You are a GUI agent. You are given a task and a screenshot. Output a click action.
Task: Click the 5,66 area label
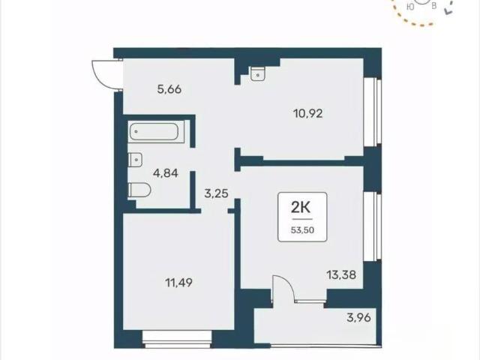click(x=169, y=89)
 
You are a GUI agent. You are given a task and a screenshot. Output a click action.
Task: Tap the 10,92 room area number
click(x=308, y=114)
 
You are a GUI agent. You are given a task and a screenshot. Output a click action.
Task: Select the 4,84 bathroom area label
click(x=166, y=173)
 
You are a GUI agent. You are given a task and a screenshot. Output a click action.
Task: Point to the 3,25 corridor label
click(x=216, y=193)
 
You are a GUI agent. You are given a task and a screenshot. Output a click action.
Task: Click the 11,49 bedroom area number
click(x=179, y=283)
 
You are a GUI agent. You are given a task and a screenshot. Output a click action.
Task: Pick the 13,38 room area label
click(x=341, y=275)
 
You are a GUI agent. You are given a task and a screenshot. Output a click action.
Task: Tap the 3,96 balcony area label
click(x=358, y=317)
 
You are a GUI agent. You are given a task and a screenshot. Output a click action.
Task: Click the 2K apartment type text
click(x=301, y=208)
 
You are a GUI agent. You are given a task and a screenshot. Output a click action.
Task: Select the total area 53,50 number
click(x=302, y=230)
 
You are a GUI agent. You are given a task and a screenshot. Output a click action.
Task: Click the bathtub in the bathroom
click(x=154, y=132)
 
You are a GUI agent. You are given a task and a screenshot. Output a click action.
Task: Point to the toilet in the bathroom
click(x=139, y=190)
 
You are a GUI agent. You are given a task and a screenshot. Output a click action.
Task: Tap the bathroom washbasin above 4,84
click(x=135, y=160)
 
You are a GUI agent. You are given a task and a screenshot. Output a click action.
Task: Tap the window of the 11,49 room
click(x=177, y=339)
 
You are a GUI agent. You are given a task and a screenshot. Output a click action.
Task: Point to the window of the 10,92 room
click(x=373, y=112)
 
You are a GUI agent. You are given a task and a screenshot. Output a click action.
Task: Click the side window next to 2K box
click(x=373, y=226)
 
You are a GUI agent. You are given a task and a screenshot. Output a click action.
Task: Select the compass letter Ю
click(x=411, y=7)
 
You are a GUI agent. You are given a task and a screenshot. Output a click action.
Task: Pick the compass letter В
click(x=433, y=6)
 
